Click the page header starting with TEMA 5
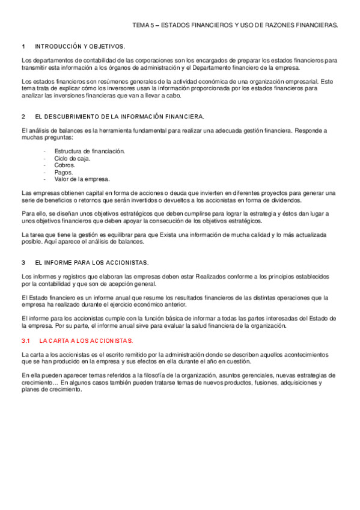pyautogui.click(x=235, y=25)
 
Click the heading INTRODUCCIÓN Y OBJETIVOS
pyautogui.click(x=80, y=46)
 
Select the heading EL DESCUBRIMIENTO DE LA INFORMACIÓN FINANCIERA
pyautogui.click(x=120, y=116)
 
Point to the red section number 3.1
pyautogui.click(x=25, y=340)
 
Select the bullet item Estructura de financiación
pyautogui.click(x=89, y=151)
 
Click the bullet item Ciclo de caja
pyautogui.click(x=72, y=158)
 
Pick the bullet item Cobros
pyautogui.click(x=64, y=165)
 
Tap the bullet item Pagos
pyautogui.click(x=63, y=172)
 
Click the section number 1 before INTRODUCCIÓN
pyautogui.click(x=23, y=46)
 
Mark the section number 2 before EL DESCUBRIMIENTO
pyautogui.click(x=23, y=116)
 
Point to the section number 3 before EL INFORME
pyautogui.click(x=23, y=263)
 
